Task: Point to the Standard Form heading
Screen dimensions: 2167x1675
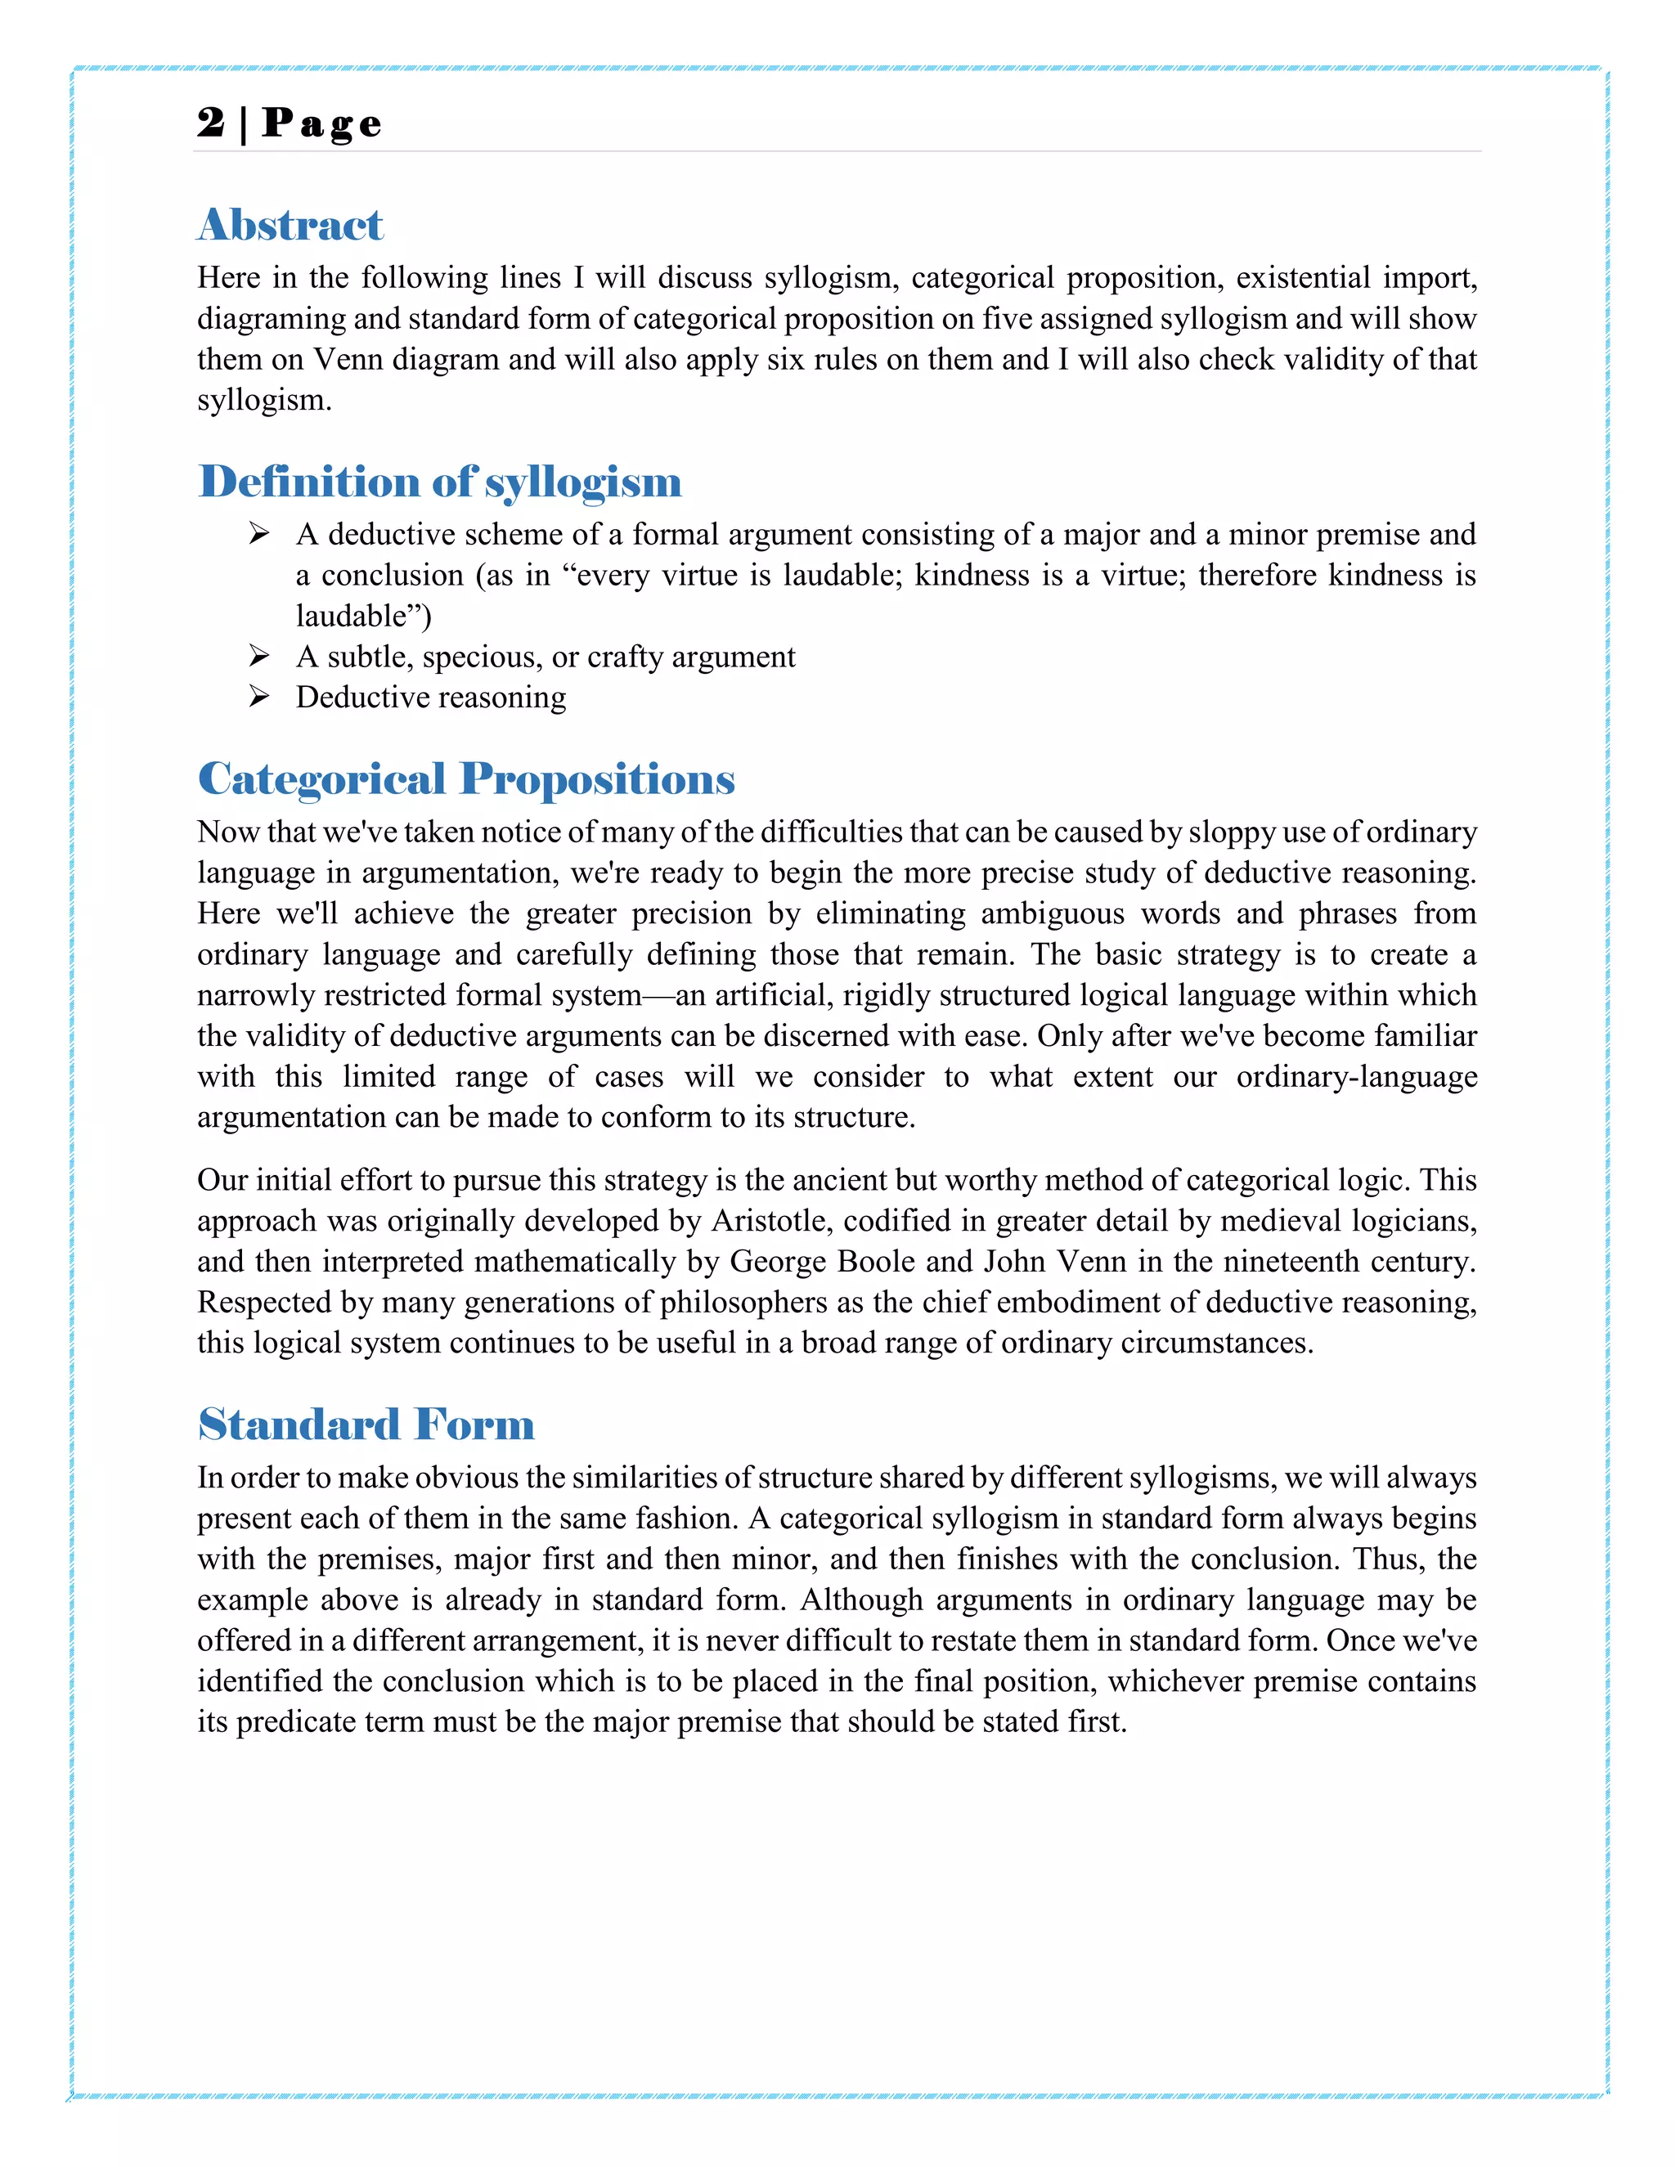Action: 366,1424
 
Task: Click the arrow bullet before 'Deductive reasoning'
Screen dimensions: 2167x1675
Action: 259,697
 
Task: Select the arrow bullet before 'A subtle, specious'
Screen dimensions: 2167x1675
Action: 259,656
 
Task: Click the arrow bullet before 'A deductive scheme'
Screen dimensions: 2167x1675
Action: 259,534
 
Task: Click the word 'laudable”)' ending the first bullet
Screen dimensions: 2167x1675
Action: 363,617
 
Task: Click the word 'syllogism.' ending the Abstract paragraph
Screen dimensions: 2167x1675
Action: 264,400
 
